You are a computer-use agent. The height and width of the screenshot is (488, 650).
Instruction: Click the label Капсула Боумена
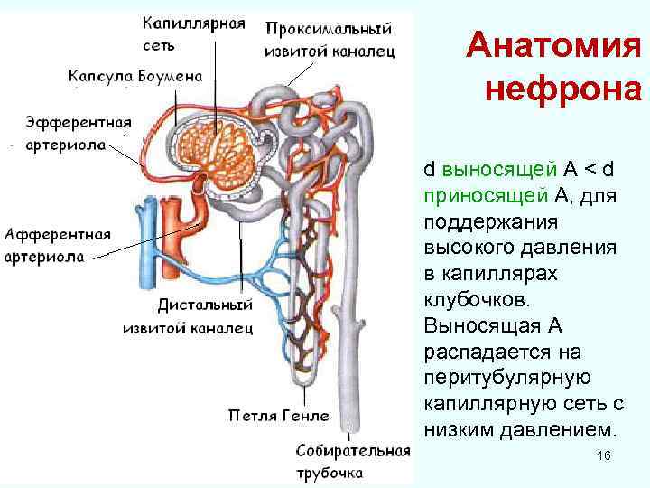click(136, 77)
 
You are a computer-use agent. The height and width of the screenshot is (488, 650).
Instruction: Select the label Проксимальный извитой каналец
click(329, 40)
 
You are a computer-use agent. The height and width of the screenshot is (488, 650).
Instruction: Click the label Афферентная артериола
click(58, 245)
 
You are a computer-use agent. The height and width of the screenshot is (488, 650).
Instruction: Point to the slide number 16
click(604, 457)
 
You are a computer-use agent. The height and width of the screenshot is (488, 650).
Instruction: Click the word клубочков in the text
click(467, 298)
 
